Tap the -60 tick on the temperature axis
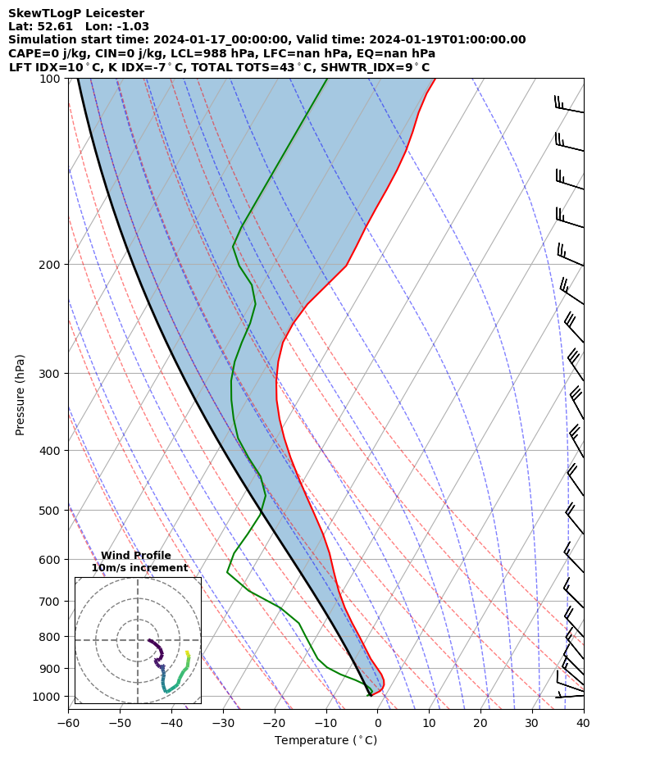[68, 724]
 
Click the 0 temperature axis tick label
[377, 724]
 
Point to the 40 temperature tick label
[583, 724]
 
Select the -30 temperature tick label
[223, 724]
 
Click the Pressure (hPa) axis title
[20, 394]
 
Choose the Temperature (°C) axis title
[325, 740]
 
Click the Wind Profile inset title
[136, 556]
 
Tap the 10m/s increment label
[139, 567]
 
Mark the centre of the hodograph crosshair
[138, 640]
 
